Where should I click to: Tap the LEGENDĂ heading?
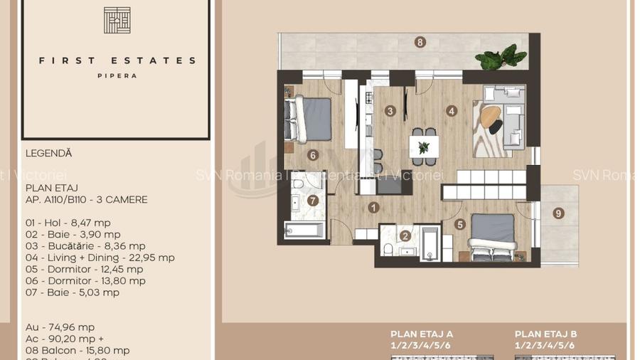[x=48, y=153]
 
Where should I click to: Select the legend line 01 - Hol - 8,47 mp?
[x=68, y=223]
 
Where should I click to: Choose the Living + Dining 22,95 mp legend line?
[x=100, y=258]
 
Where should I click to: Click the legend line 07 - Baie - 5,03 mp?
[x=72, y=292]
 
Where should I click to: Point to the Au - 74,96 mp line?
[x=60, y=327]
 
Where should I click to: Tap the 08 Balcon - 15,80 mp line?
[x=77, y=351]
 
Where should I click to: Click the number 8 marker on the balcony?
[x=420, y=42]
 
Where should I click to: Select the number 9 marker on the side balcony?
[x=559, y=213]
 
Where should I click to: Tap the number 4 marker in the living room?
[x=451, y=110]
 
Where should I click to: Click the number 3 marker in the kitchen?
[x=390, y=110]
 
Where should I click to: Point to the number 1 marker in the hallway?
[x=374, y=208]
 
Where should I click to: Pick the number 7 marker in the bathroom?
[x=313, y=200]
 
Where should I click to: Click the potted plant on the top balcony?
[x=497, y=58]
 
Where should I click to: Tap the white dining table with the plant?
[x=424, y=147]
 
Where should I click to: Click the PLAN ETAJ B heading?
[x=545, y=334]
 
